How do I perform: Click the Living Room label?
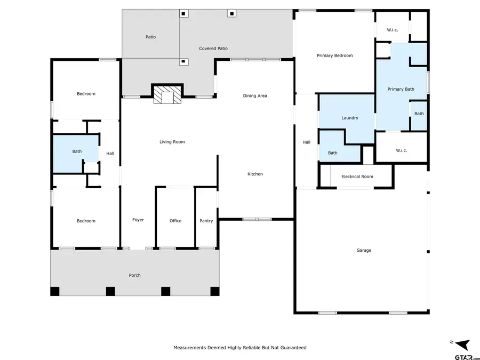pyautogui.click(x=172, y=142)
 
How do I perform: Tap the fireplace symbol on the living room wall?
pyautogui.click(x=167, y=95)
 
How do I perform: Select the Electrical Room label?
pyautogui.click(x=357, y=177)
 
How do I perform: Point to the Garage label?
pyautogui.click(x=364, y=250)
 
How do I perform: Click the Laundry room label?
pyautogui.click(x=349, y=118)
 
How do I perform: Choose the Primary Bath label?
pyautogui.click(x=401, y=89)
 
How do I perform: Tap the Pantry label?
pyautogui.click(x=206, y=221)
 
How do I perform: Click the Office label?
pyautogui.click(x=175, y=221)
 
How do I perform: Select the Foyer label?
pyautogui.click(x=138, y=220)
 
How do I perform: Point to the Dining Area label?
pyautogui.click(x=255, y=96)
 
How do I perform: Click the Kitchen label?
pyautogui.click(x=255, y=174)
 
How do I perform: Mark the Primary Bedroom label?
pyautogui.click(x=334, y=55)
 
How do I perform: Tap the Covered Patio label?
pyautogui.click(x=213, y=49)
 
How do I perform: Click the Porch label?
pyautogui.click(x=135, y=275)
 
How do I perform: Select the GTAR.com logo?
pyautogui.click(x=463, y=356)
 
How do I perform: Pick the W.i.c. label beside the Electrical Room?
pyautogui.click(x=402, y=150)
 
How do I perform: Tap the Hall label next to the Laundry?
pyautogui.click(x=306, y=142)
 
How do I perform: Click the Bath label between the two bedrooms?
pyautogui.click(x=77, y=151)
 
